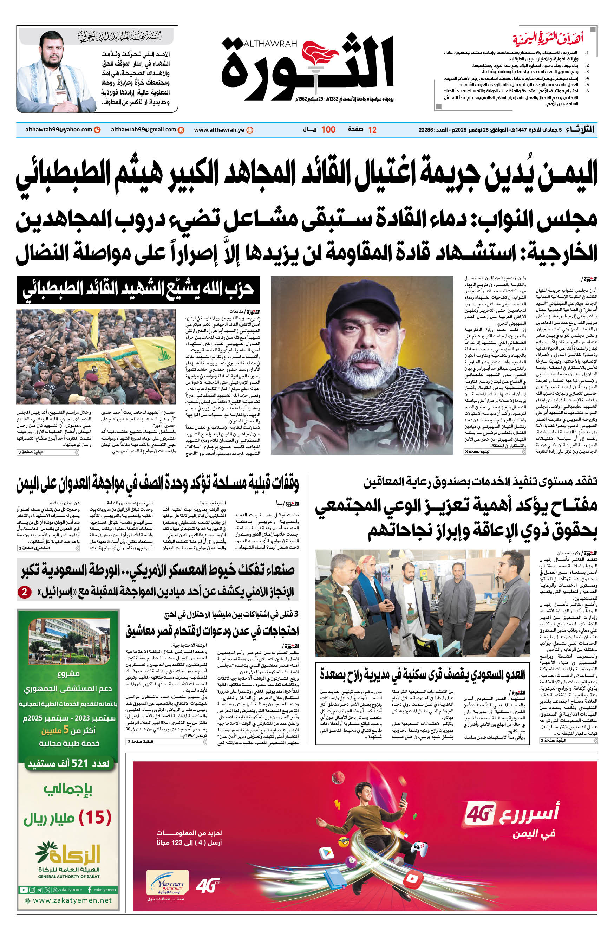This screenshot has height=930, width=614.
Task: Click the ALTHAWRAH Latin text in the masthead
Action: tap(270, 44)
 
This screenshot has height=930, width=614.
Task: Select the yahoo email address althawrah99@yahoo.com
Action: tap(58, 130)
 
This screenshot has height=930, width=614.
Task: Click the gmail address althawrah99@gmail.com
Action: tap(143, 130)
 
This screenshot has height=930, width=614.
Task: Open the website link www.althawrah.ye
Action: tap(219, 130)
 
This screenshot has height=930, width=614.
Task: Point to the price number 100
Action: tap(328, 130)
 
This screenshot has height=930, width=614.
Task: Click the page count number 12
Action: tap(372, 130)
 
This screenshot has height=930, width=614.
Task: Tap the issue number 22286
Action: tap(426, 130)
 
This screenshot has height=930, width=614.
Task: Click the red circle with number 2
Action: tap(24, 592)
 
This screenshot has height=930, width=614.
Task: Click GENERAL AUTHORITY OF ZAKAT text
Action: tap(69, 876)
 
